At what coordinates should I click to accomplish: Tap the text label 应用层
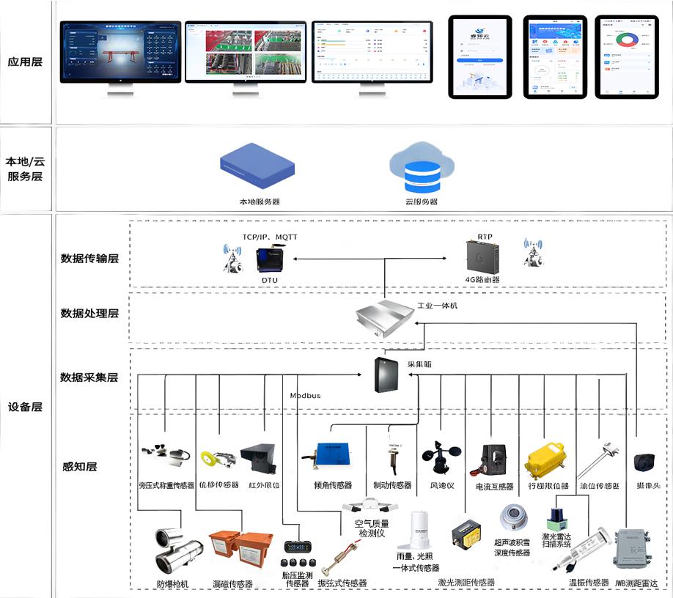(x=25, y=62)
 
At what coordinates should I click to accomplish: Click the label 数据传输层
(x=89, y=259)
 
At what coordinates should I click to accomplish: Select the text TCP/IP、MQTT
(x=270, y=237)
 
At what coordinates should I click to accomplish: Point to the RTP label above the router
(x=485, y=237)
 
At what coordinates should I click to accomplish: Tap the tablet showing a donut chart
(x=622, y=56)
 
